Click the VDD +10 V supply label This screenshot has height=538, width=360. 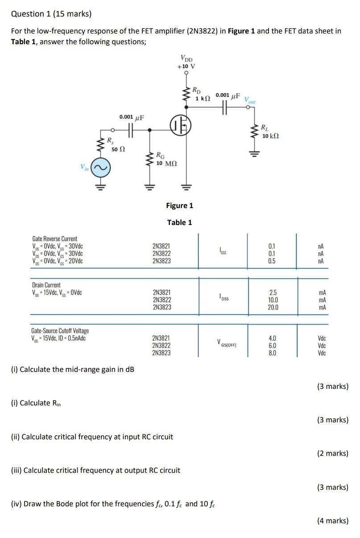point(186,62)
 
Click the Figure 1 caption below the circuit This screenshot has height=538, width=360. point(179,205)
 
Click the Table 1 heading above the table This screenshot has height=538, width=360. point(179,222)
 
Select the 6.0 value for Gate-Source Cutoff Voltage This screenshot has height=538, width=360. point(272,346)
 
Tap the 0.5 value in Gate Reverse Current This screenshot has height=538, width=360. point(272,261)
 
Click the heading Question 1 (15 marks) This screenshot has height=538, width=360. point(51,14)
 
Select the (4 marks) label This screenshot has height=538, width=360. point(332,520)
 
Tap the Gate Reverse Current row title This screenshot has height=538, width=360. point(54,239)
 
